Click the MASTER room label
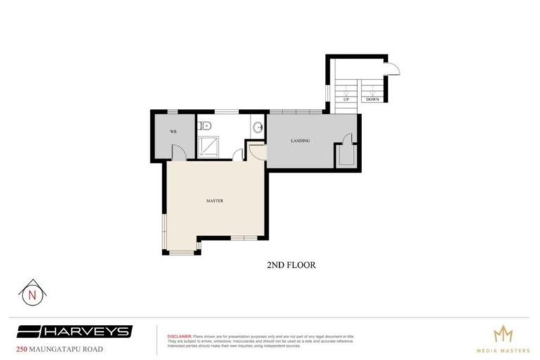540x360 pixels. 214,200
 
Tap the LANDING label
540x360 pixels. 300,141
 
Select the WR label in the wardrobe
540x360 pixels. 172,132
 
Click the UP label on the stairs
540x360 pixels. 346,100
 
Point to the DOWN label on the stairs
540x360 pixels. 373,100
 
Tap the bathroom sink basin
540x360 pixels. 258,127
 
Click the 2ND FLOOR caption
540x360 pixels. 290,265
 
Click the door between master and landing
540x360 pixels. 256,150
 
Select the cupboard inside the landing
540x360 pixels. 345,154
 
